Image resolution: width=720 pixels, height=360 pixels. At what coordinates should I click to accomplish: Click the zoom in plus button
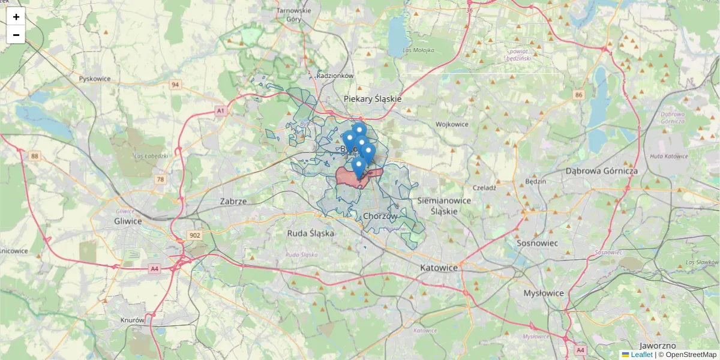click(16, 17)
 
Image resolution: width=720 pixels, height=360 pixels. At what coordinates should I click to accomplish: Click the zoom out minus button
click(16, 35)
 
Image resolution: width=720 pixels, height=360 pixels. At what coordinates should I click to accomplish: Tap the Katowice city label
click(439, 267)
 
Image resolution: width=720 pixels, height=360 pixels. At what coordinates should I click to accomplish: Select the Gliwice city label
click(128, 221)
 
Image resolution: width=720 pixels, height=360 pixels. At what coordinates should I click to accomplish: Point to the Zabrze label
click(233, 202)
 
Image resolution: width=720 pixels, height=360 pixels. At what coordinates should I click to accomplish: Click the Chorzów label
click(380, 216)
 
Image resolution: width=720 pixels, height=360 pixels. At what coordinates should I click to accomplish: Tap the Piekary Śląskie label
click(373, 98)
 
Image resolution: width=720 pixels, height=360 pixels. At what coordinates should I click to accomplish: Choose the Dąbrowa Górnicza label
click(601, 171)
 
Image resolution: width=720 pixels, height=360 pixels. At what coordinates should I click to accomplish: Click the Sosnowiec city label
click(538, 243)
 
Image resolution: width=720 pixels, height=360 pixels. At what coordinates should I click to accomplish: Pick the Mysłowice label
click(544, 293)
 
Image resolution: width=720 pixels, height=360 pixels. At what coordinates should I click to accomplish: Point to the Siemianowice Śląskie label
click(445, 206)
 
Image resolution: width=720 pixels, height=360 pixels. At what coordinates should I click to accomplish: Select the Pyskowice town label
click(95, 79)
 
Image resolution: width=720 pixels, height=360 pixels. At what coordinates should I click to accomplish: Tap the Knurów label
click(132, 320)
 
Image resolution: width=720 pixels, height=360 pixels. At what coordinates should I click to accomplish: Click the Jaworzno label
click(658, 346)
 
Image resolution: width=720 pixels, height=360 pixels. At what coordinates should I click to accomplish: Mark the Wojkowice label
click(452, 124)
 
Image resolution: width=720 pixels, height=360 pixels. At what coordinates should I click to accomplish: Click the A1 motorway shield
click(220, 111)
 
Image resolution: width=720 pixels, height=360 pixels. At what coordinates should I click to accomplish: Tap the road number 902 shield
click(194, 235)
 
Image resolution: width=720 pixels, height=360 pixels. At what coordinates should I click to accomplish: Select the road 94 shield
click(175, 85)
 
